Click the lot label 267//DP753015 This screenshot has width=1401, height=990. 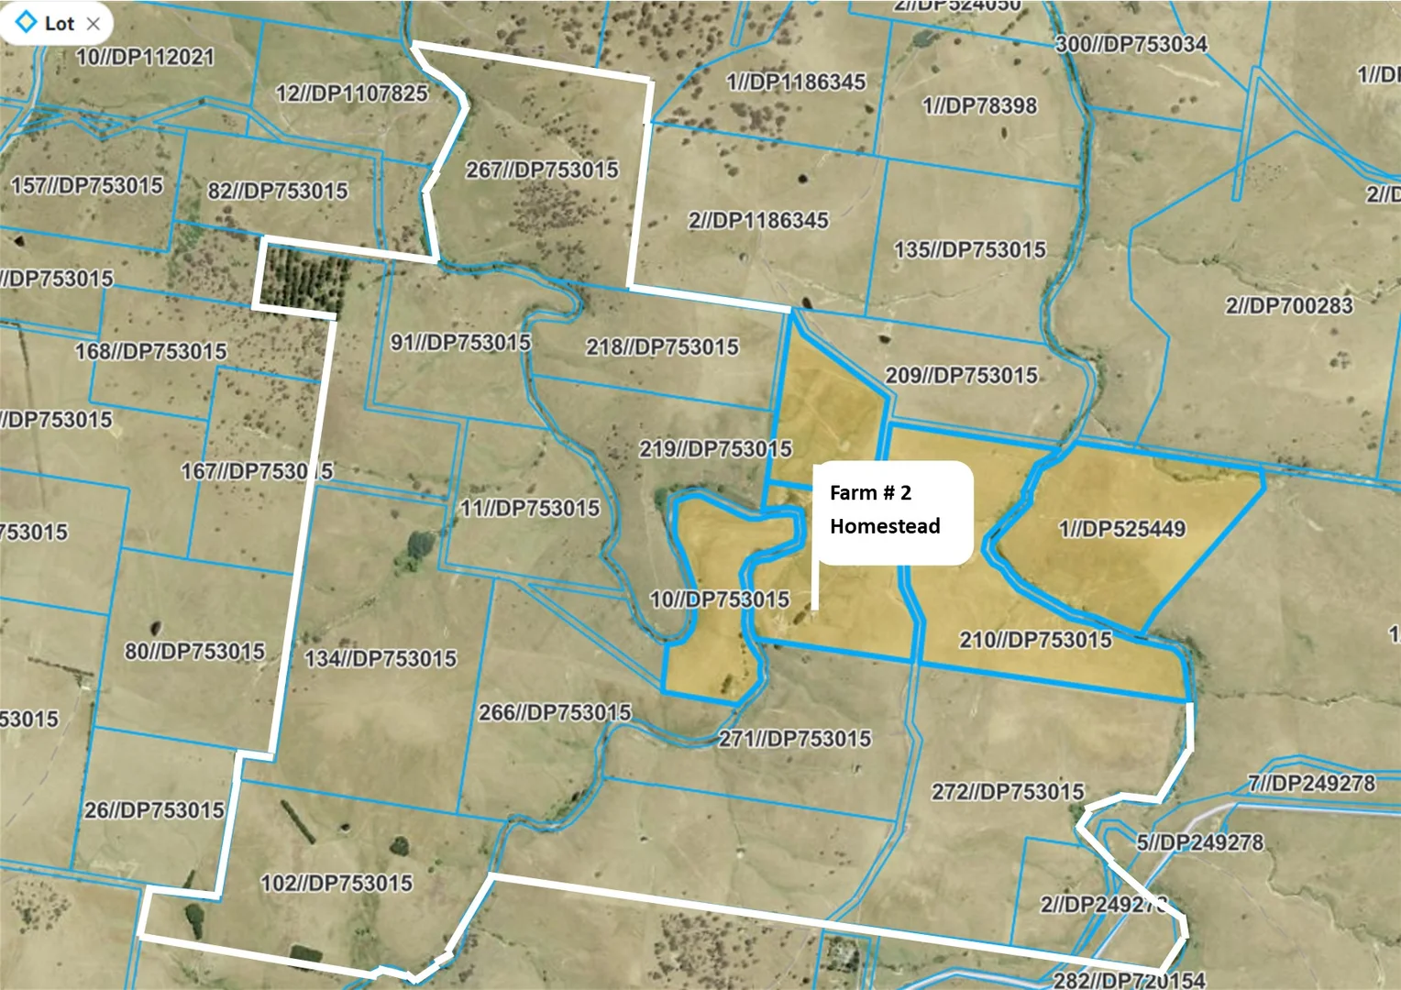pos(542,170)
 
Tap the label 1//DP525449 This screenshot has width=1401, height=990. pos(1121,529)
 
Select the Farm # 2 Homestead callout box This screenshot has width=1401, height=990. pos(893,511)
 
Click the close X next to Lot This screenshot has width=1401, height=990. pos(93,24)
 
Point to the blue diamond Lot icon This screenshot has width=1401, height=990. pos(27,22)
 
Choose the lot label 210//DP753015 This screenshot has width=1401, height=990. pos(1035,640)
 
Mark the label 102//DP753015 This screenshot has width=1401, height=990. pos(336,884)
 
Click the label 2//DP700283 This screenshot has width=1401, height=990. pos(1288,306)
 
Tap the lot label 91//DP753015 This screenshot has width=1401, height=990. pos(460,343)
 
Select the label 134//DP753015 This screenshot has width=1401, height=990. pos(380,659)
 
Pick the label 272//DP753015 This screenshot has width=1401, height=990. pos(1008,792)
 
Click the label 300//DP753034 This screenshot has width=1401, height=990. pos(1131,44)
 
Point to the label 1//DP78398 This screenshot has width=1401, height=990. pos(979,106)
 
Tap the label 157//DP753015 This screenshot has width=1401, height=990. pos(86,186)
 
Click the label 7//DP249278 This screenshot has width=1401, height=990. pos(1311,784)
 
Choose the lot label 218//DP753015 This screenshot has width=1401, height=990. pos(662,347)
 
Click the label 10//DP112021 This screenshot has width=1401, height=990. pos(145,58)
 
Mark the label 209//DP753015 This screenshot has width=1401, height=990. pos(961,376)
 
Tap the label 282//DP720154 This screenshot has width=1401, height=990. pos(1129,980)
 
